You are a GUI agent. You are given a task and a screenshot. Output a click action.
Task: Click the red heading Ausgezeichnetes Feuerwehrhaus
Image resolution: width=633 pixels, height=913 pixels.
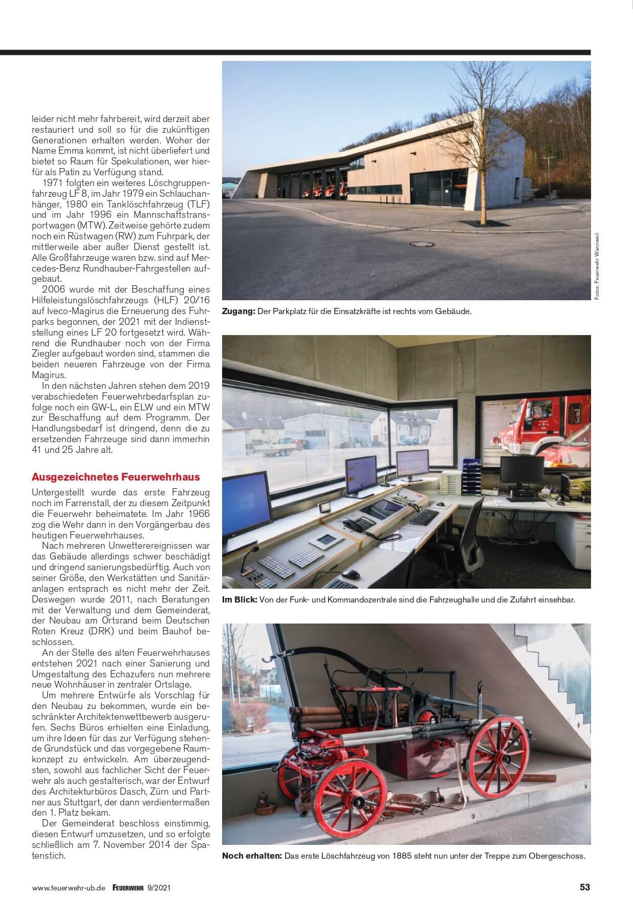pos(116,477)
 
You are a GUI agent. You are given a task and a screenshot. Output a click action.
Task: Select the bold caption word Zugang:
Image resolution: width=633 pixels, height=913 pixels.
pos(238,311)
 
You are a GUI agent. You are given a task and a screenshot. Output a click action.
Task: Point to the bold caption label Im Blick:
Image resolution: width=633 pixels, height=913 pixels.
pos(239,599)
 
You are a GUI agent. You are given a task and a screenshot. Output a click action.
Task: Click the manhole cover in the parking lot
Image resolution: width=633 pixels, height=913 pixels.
pos(422,244)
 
